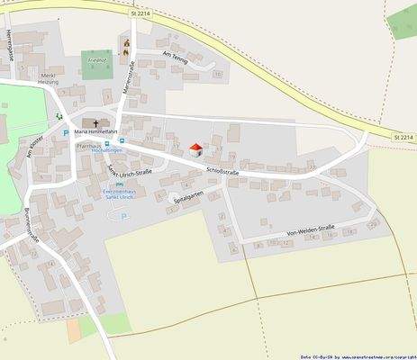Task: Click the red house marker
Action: coord(195,149)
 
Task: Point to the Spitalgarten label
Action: coord(189,199)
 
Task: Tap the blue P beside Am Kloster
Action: coord(65,133)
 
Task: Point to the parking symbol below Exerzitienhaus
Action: coord(123,216)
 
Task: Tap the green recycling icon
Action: coord(59,116)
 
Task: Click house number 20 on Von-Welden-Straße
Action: coord(373,223)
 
